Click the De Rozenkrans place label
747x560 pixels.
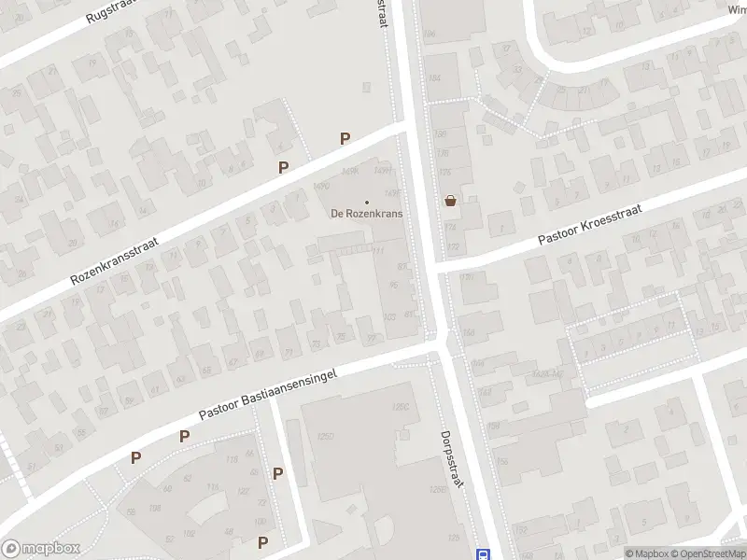pos(365,213)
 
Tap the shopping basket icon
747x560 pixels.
pos(451,200)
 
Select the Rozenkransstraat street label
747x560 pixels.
pos(115,259)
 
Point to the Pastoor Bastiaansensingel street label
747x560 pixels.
pos(267,392)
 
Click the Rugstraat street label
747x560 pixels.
pos(110,12)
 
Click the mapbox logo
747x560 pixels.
pos(39,548)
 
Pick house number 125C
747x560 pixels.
pos(402,407)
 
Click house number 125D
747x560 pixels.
pos(325,436)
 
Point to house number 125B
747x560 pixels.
pos(436,489)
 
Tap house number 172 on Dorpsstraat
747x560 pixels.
pos(454,246)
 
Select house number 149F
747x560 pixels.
pos(392,192)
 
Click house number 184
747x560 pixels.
pos(433,77)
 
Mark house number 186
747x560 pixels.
pos(430,35)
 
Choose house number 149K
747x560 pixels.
pos(350,171)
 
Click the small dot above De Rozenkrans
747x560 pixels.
pos(366,202)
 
